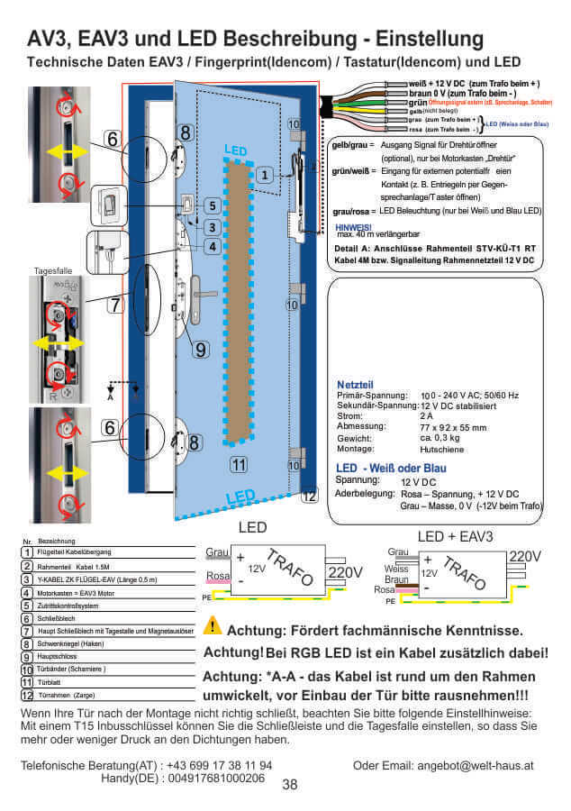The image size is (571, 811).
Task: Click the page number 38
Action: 290,785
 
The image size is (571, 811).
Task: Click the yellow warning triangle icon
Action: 213,626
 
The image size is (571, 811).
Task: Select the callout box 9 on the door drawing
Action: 200,349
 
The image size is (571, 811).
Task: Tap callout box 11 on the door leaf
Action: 239,466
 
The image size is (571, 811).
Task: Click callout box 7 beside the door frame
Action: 114,305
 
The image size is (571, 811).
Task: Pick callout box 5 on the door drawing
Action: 211,205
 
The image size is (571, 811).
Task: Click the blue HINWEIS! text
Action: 352,227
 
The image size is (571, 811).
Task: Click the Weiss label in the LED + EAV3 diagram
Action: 395,570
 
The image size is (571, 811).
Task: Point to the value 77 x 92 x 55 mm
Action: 453,427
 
